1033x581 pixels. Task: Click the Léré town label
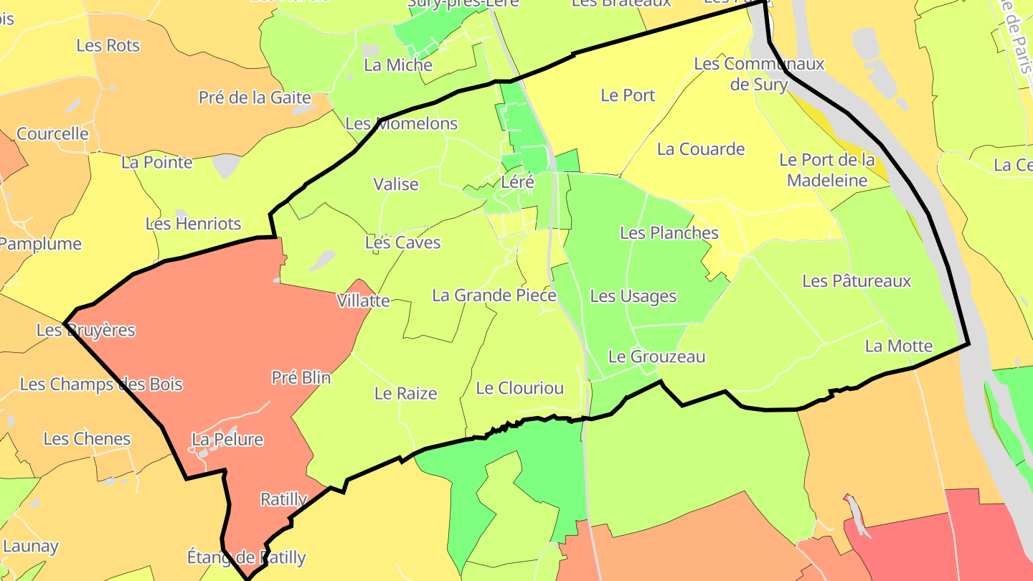pos(517,182)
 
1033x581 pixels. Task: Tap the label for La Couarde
pos(701,149)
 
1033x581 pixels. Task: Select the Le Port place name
pos(628,95)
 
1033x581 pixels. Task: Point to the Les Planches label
pos(669,232)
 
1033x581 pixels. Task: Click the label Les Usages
pos(633,296)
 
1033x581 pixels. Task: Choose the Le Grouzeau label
pos(656,356)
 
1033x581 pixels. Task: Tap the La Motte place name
pos(898,346)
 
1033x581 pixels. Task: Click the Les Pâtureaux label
pos(857,280)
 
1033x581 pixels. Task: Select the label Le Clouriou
pos(519,388)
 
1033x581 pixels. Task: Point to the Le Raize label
pos(405,393)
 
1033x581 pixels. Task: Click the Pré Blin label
pos(301,377)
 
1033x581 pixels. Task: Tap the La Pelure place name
pos(227,439)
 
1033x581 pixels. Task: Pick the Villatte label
pos(363,301)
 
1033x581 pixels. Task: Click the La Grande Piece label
pos(494,295)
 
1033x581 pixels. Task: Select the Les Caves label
pos(402,242)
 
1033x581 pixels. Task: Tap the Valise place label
pos(395,184)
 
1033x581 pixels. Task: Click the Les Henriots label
pos(193,224)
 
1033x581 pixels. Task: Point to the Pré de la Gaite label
pos(255,98)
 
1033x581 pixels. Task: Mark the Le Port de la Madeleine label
pos(827,169)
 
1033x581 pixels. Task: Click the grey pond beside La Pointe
pos(227,166)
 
